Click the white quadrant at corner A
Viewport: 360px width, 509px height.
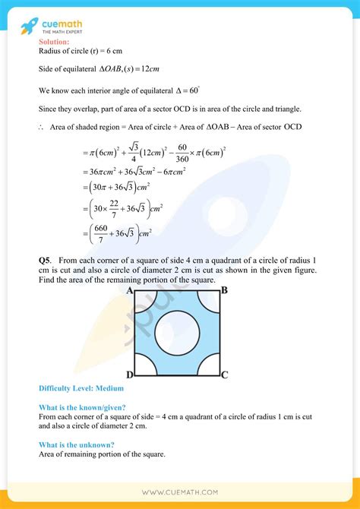coord(142,299)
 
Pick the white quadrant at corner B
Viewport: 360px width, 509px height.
coord(212,299)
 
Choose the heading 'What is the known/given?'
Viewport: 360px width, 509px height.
coord(82,407)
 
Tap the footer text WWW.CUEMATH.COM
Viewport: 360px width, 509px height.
coord(179,492)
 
